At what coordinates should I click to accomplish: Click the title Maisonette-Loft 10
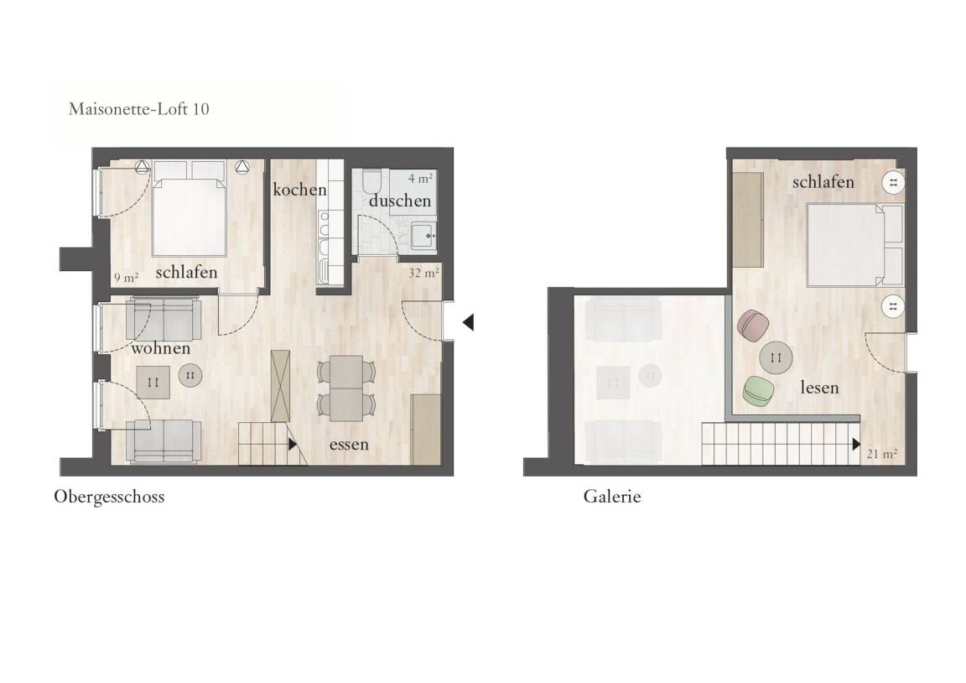(x=138, y=109)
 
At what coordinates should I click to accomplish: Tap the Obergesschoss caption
(x=109, y=497)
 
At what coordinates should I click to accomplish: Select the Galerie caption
(x=612, y=497)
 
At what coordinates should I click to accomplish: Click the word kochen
(x=299, y=190)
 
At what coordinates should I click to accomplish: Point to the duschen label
(x=400, y=201)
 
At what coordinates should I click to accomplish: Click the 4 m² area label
(x=420, y=179)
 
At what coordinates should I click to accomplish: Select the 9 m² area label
(x=126, y=278)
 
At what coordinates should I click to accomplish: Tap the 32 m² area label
(x=423, y=273)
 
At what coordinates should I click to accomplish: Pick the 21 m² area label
(x=881, y=454)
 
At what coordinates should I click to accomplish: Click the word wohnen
(x=161, y=348)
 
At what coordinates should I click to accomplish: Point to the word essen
(x=349, y=445)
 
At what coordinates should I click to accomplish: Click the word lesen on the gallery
(x=819, y=387)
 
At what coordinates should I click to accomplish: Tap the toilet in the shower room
(x=372, y=181)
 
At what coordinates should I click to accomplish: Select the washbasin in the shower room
(x=423, y=235)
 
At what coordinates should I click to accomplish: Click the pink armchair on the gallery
(x=753, y=326)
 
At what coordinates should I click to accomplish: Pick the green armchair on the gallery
(x=758, y=391)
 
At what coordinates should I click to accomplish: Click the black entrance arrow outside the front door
(x=468, y=321)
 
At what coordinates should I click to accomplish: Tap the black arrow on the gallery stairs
(x=856, y=444)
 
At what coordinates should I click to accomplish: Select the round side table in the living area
(x=190, y=375)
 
